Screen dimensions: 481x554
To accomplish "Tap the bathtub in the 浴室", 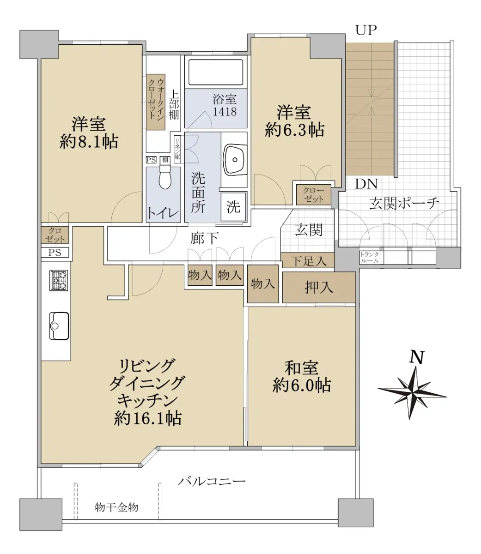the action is pos(215,72).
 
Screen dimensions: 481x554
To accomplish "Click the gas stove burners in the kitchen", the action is pos(59,280).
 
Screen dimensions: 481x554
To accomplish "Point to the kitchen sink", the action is pos(59,326).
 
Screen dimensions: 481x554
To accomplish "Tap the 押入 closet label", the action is pos(319,287).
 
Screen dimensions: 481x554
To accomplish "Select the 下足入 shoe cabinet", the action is pos(308,260).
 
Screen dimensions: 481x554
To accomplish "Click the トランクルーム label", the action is pos(370,258).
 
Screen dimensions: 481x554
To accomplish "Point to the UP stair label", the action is pos(366,30).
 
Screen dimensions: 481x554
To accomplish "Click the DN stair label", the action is pos(366,184).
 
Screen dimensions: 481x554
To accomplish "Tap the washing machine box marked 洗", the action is pos(233,207).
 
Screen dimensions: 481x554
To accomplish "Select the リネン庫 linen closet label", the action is pos(177,149).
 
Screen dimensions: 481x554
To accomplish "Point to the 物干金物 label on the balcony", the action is pos(116,507).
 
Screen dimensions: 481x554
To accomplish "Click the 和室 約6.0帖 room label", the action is pos(301,377).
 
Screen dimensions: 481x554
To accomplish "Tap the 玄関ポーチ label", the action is pos(404,203).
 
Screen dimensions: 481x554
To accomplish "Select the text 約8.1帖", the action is pos(89,142).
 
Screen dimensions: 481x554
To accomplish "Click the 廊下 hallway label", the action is pos(204,238).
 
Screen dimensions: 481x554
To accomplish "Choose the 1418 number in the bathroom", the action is pos(225,111).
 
